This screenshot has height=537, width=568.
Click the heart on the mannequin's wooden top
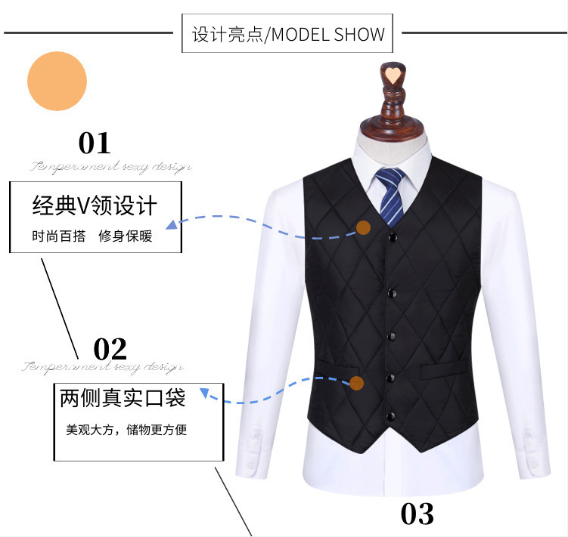[x=392, y=73]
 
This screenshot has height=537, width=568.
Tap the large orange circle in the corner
[x=57, y=81]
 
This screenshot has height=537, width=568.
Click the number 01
[x=95, y=143]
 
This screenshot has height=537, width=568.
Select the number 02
[x=110, y=349]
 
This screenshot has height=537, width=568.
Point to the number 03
[x=417, y=514]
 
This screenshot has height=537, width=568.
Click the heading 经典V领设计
[x=95, y=205]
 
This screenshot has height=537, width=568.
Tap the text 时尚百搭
[x=58, y=236]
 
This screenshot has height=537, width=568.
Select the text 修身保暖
[x=126, y=236]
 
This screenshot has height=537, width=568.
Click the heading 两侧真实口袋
[x=123, y=398]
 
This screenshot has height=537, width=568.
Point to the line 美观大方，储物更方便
[x=126, y=430]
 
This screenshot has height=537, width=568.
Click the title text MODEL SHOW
[x=328, y=35]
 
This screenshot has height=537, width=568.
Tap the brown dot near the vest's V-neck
[x=364, y=227]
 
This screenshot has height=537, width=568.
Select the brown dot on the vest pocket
[x=357, y=384]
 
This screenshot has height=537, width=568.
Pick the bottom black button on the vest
[x=391, y=415]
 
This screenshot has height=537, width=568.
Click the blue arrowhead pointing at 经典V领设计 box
[x=172, y=224]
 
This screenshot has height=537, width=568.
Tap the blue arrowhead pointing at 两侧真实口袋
[x=203, y=393]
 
